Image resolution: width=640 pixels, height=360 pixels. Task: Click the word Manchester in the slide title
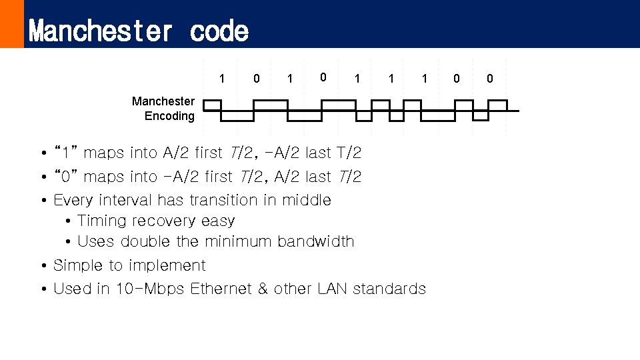(101, 31)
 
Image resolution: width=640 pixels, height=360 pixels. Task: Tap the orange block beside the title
(11, 24)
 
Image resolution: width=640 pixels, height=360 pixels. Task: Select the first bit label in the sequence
(222, 79)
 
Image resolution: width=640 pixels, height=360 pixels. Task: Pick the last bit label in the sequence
(490, 79)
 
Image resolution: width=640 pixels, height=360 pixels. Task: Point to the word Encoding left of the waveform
(169, 116)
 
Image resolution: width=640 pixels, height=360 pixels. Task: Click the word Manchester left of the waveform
(163, 101)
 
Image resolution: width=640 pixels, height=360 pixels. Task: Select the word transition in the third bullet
(227, 200)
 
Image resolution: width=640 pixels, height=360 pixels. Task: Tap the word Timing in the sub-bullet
(104, 221)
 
